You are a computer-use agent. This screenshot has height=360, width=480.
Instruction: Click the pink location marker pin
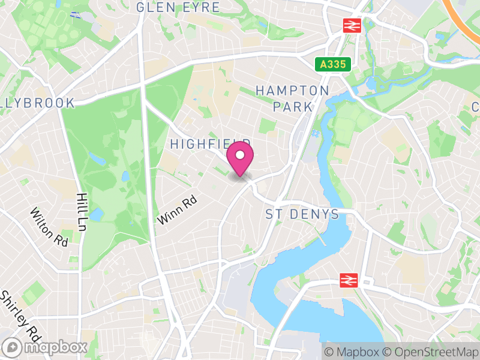[x=240, y=157]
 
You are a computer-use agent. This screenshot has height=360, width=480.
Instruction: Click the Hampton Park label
[x=293, y=98]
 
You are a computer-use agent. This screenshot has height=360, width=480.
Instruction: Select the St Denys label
[x=302, y=214]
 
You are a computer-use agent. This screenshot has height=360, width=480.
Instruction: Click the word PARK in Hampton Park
[x=293, y=107]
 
